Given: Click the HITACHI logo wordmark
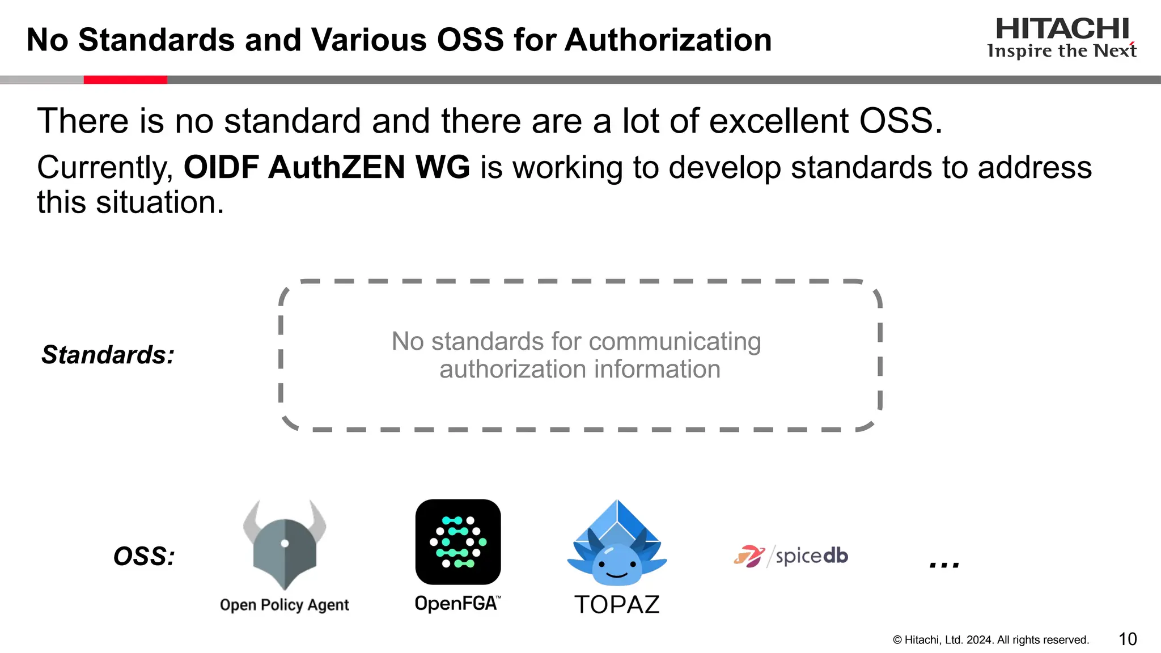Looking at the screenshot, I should coord(1062,29).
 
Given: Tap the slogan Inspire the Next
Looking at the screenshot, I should coord(1061,51).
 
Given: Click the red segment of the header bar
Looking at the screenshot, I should coord(125,80).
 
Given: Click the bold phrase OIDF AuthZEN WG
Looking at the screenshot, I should coord(327,167).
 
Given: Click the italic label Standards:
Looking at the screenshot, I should coord(108,355).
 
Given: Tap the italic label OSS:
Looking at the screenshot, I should coord(144,556).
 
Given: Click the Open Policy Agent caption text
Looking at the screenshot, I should coord(284,605).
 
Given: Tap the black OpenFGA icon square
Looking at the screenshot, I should coord(458,542).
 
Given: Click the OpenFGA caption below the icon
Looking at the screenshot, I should coord(457,604).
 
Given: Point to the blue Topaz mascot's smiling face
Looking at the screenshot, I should coord(617,566).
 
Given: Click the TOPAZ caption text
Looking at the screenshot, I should coord(617,605).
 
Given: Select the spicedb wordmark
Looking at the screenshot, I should coord(811,556).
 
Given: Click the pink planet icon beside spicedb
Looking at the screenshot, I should coord(748,556).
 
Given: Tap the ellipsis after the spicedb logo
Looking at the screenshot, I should coord(944,565).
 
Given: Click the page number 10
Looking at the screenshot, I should coord(1128,639).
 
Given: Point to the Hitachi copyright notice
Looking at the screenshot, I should coord(991,640).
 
